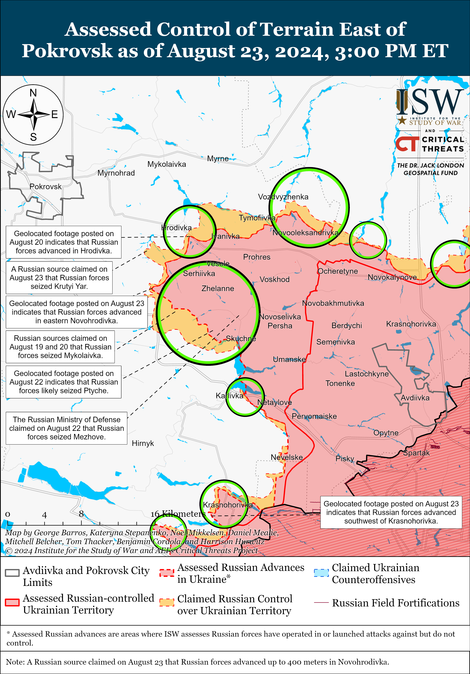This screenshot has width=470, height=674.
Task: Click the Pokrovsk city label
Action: pyautogui.click(x=45, y=187)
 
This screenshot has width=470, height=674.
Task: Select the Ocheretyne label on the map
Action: pyautogui.click(x=338, y=271)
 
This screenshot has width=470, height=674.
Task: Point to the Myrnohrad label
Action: pyautogui.click(x=116, y=173)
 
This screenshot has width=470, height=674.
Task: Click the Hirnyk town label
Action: pyautogui.click(x=143, y=443)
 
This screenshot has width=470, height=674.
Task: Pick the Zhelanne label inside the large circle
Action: pyautogui.click(x=218, y=289)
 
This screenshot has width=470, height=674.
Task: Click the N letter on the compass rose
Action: pyautogui.click(x=33, y=93)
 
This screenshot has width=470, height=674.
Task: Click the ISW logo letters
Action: pyautogui.click(x=430, y=102)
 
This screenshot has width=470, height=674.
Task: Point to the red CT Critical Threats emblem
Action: pyautogui.click(x=407, y=144)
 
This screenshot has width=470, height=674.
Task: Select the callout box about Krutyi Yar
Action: pyautogui.click(x=59, y=278)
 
